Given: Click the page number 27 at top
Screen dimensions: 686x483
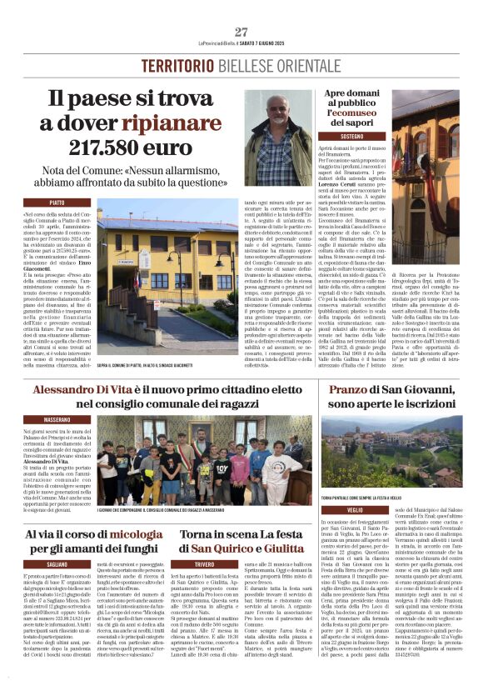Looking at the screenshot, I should pos(242,32).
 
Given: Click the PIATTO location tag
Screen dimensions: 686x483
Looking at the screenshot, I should pos(57,203).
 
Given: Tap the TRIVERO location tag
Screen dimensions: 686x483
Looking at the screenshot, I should pos(204,564).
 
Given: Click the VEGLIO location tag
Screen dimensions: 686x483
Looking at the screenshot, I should pos(355,509).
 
